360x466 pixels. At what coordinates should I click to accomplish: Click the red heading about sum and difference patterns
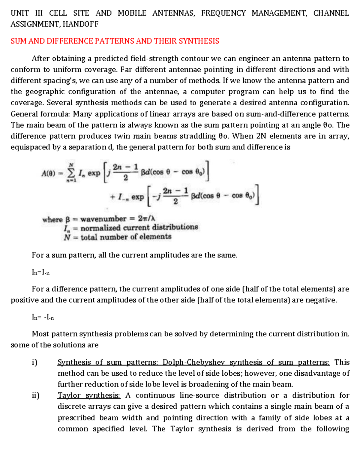tap(115, 41)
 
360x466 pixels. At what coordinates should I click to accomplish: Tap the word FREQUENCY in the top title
tap(223, 13)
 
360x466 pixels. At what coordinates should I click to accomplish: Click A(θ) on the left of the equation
tap(48, 173)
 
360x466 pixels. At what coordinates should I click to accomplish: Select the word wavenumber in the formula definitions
tap(103, 219)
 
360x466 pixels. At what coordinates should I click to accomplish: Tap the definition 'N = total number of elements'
tap(118, 237)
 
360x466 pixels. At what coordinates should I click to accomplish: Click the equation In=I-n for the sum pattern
tap(41, 272)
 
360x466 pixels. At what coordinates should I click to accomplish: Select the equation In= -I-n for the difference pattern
tap(43, 317)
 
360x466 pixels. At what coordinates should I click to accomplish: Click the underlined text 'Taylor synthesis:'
tap(89, 395)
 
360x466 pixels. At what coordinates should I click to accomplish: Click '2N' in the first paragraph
tap(261, 136)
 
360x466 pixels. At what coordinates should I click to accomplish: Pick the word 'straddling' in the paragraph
tap(198, 136)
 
